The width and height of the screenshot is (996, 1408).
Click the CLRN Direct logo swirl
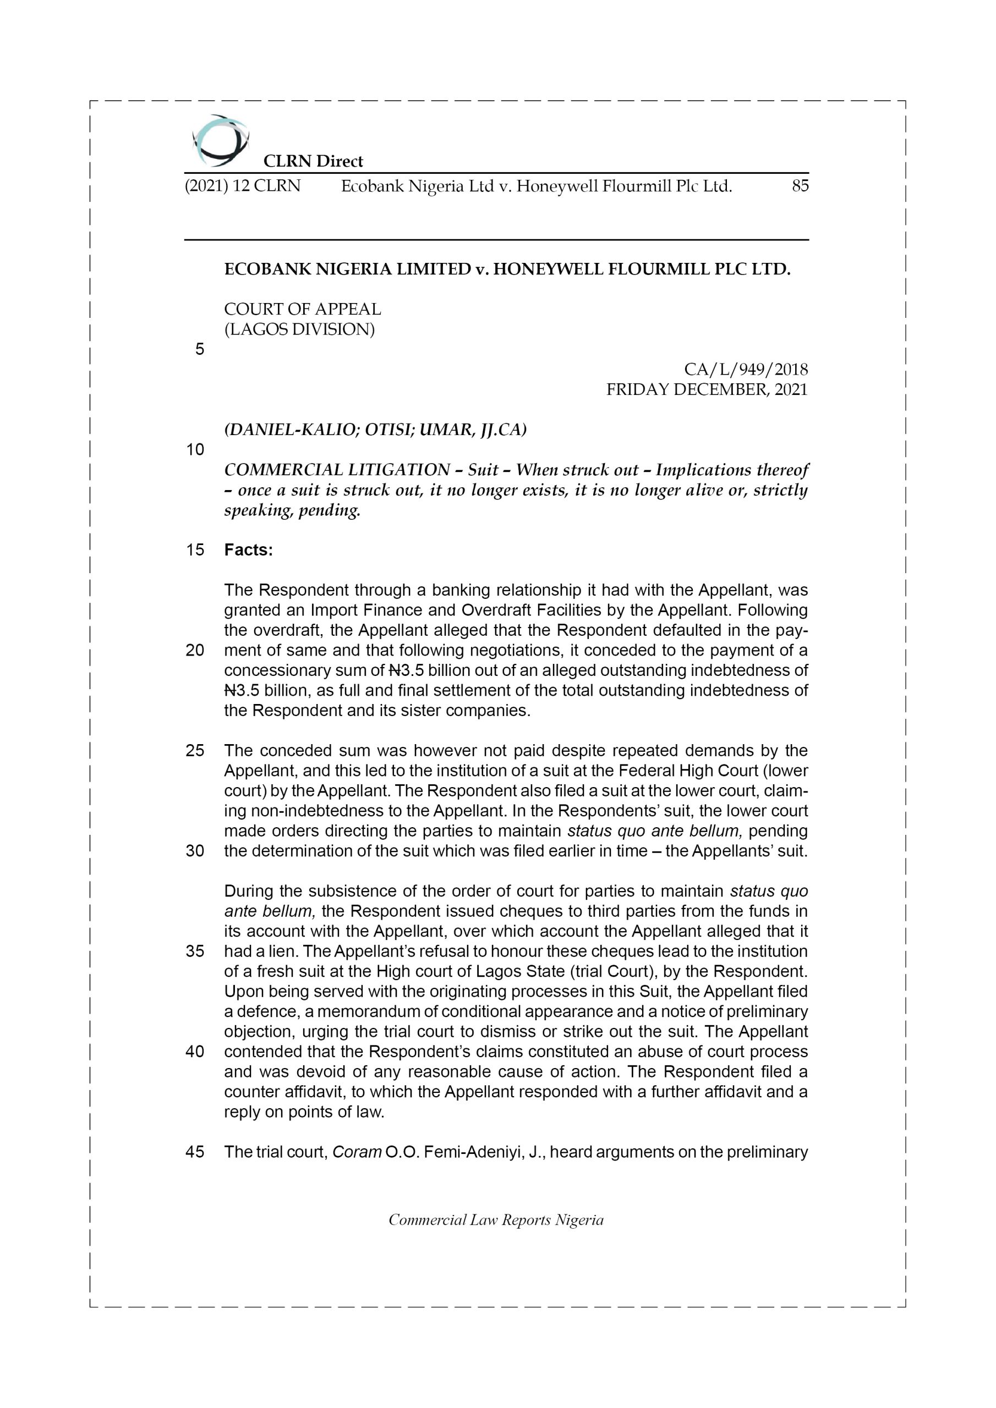pyautogui.click(x=220, y=141)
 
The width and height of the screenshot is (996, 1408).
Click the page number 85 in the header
pyautogui.click(x=800, y=186)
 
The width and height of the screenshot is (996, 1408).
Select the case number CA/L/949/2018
pyautogui.click(x=746, y=370)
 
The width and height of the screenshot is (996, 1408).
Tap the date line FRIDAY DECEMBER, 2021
pyautogui.click(x=707, y=389)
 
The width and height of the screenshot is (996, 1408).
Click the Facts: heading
pyautogui.click(x=249, y=550)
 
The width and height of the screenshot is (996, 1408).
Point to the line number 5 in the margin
pyautogui.click(x=199, y=350)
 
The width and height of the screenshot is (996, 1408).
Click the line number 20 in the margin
pyautogui.click(x=195, y=650)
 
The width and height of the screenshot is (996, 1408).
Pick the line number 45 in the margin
pyautogui.click(x=195, y=1152)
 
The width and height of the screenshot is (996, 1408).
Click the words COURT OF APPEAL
pyautogui.click(x=303, y=309)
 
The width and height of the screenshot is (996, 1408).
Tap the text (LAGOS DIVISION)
pyautogui.click(x=299, y=329)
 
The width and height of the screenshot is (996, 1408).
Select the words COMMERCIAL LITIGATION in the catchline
pyautogui.click(x=337, y=470)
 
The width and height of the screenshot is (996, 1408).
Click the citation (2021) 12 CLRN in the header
pyautogui.click(x=243, y=186)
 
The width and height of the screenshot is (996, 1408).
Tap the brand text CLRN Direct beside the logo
pyautogui.click(x=313, y=161)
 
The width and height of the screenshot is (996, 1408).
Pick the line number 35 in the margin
pyautogui.click(x=195, y=951)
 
